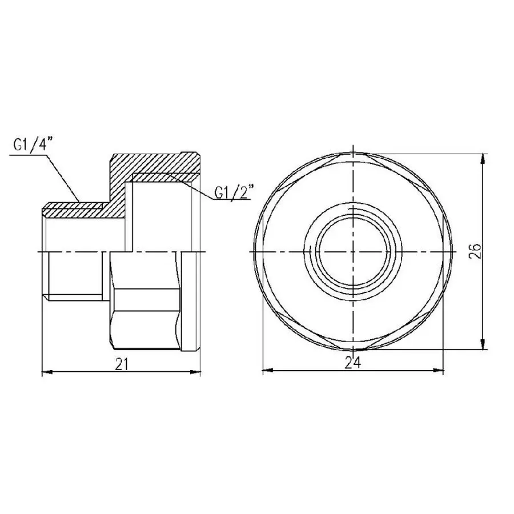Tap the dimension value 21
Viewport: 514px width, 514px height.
(x=121, y=364)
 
